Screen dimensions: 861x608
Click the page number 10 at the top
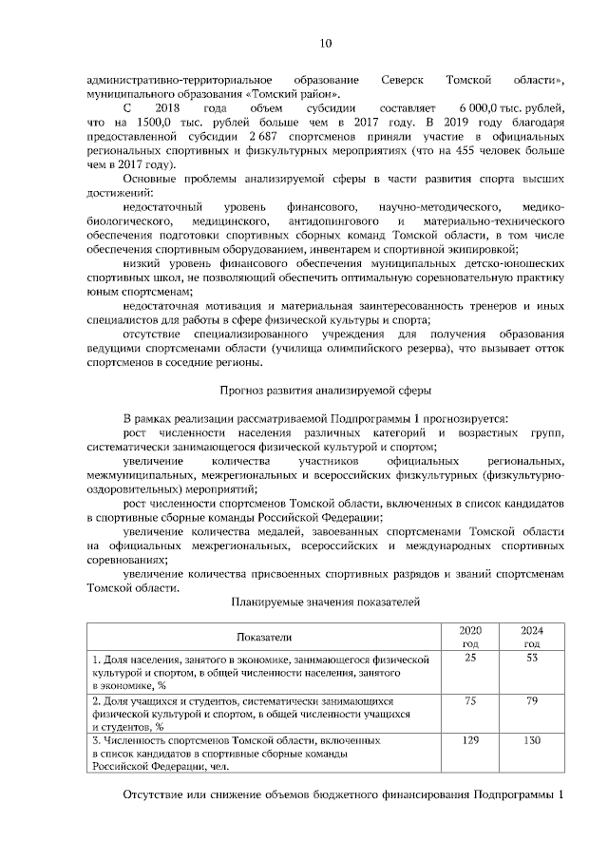[x=325, y=43]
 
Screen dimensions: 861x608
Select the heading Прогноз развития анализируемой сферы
[x=325, y=390]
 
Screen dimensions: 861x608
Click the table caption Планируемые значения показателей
[x=325, y=602]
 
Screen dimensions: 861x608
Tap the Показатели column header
[x=265, y=637]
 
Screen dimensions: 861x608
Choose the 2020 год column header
[x=470, y=637]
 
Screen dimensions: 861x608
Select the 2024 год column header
[x=532, y=637]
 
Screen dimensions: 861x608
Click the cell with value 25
[x=470, y=658]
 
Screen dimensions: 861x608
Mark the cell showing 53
[x=532, y=658]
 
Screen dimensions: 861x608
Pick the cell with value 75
[x=470, y=700]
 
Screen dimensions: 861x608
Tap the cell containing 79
[x=532, y=700]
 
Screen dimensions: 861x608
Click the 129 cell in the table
[x=470, y=738]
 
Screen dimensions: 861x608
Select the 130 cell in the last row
[x=532, y=738]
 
